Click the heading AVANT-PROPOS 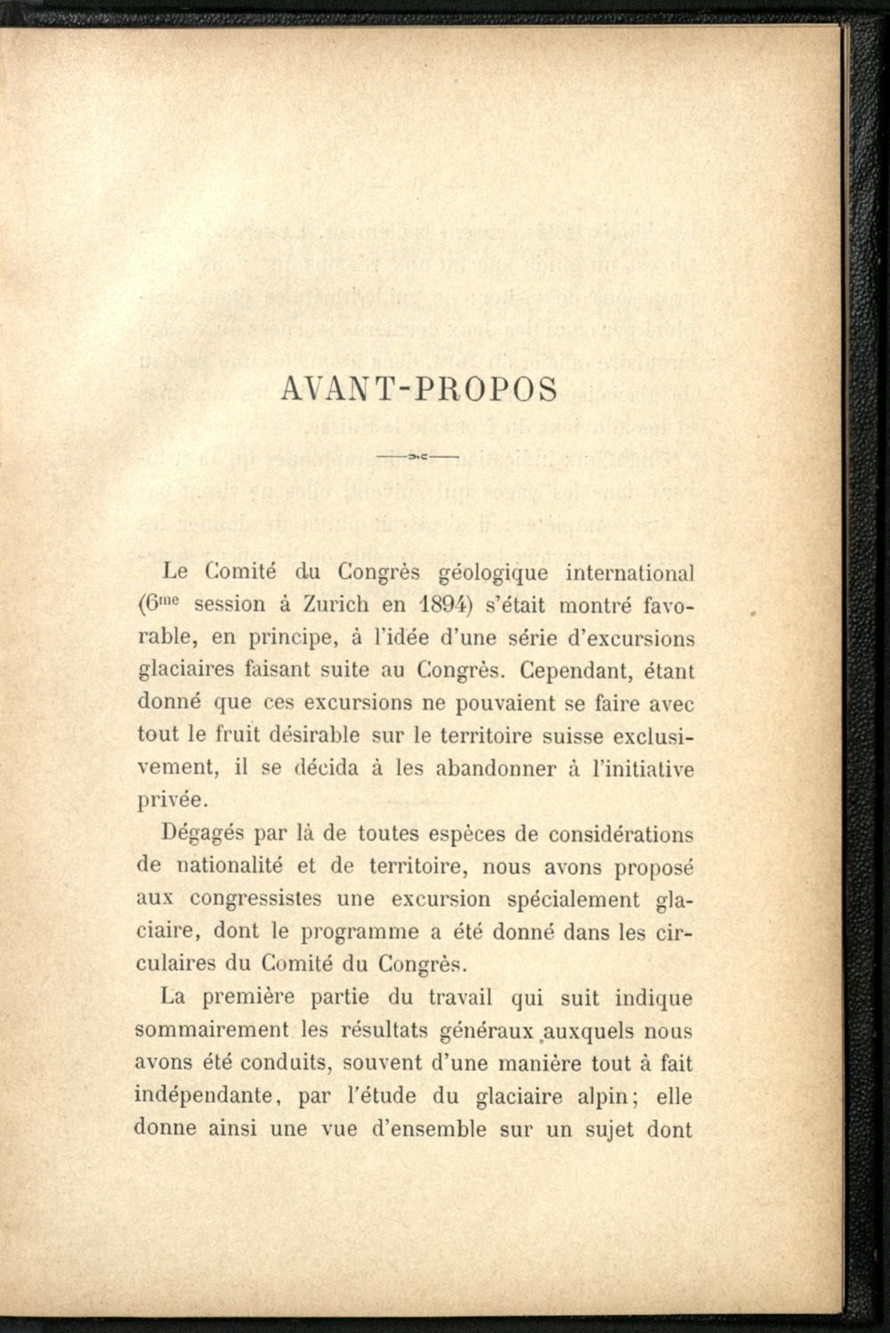(417, 391)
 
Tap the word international (630, 571)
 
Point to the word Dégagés (201, 833)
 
